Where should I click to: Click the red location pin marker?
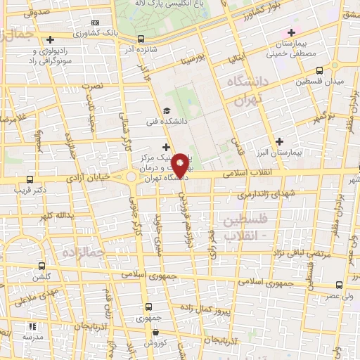point(180,165)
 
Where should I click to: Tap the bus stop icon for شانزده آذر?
point(141,39)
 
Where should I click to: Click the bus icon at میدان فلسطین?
point(320,70)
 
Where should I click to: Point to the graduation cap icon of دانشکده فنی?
point(167,110)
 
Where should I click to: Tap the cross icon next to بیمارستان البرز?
point(281,141)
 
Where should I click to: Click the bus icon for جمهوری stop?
point(149,307)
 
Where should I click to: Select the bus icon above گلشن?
point(41,266)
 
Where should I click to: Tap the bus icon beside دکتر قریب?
point(29,179)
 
